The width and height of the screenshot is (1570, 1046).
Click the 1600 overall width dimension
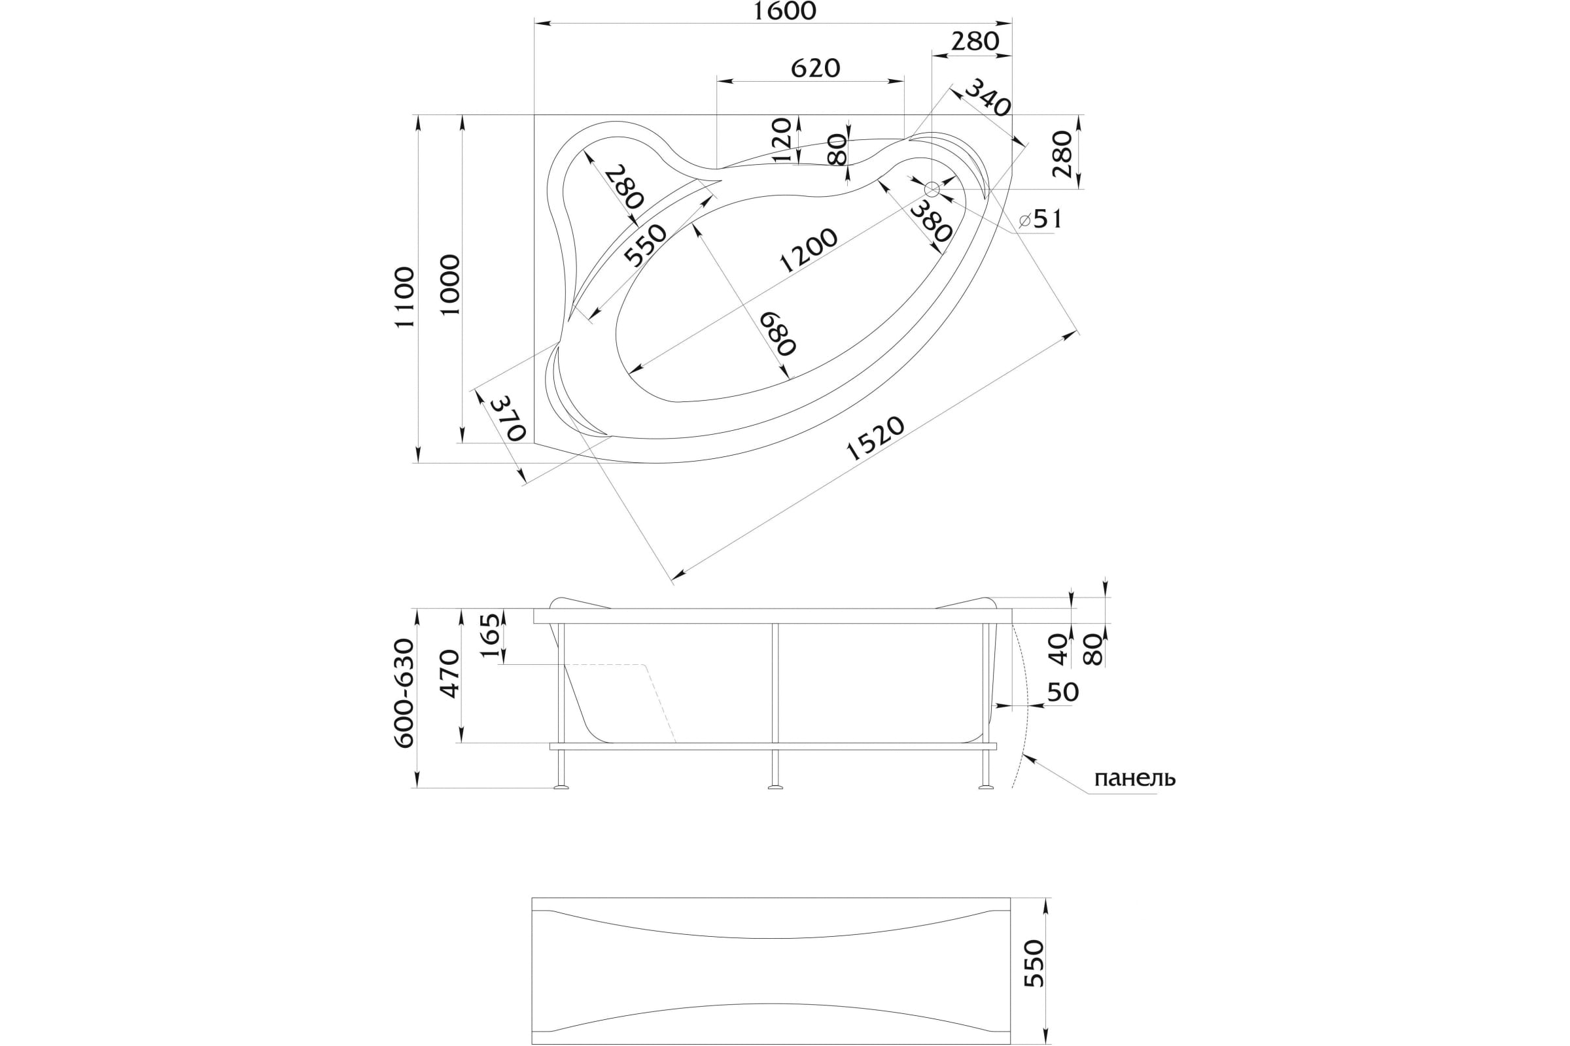(x=785, y=10)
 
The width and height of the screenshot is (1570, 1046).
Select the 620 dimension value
(x=815, y=68)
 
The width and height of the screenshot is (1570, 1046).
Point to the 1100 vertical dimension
(x=404, y=297)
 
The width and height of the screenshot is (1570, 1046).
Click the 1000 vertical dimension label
(x=451, y=285)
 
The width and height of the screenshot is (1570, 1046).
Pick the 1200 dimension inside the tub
(x=808, y=251)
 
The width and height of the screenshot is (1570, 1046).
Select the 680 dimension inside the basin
(x=778, y=333)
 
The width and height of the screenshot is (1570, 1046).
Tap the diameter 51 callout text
(x=1041, y=219)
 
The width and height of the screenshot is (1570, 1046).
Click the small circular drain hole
(x=932, y=190)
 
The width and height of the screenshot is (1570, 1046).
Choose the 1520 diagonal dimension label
(x=875, y=438)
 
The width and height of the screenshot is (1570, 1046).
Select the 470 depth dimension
(x=451, y=674)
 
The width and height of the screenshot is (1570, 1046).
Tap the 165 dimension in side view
(x=490, y=635)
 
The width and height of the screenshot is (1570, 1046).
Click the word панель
(x=1135, y=779)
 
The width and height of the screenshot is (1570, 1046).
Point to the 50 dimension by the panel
(x=1062, y=692)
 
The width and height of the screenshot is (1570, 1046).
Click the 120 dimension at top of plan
(x=781, y=141)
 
